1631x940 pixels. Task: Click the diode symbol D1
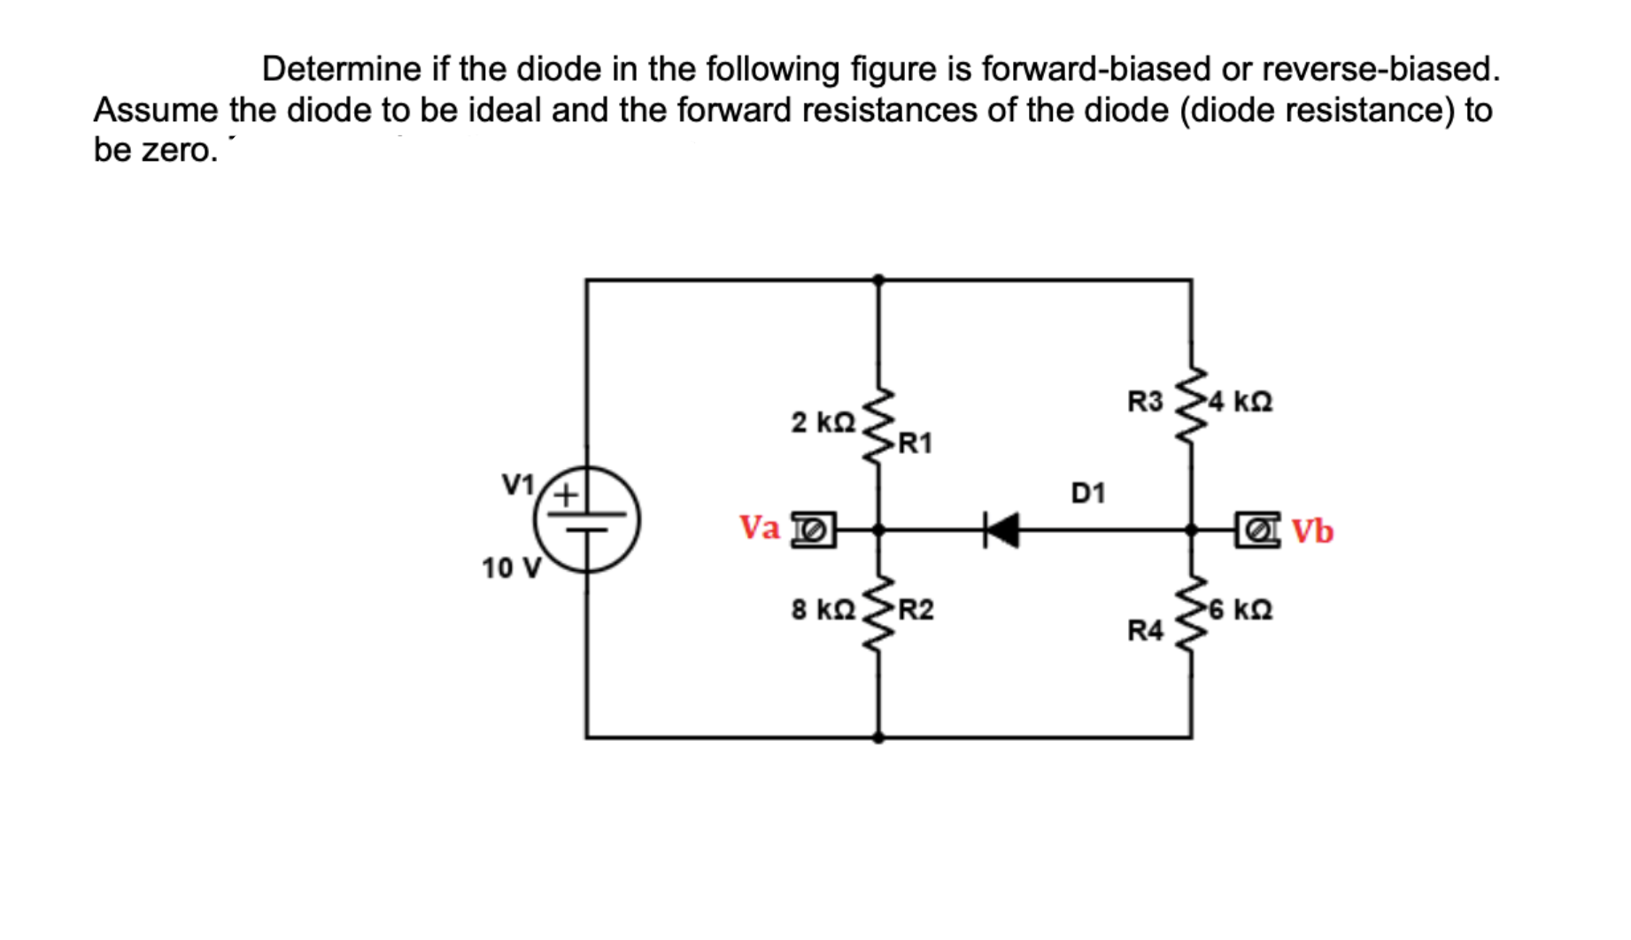coord(1002,530)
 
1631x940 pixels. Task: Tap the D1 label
coord(1088,493)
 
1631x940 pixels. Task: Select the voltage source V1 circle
coord(586,520)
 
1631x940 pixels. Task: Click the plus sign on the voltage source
coord(565,494)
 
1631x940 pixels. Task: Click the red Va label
coord(760,528)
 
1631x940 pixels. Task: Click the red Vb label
coord(1312,531)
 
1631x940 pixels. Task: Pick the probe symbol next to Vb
coord(1258,530)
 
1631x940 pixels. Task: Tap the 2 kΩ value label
coord(823,422)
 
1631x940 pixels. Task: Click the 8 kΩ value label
coord(823,610)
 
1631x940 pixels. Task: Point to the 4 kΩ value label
coord(1241,402)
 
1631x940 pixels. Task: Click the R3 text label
coord(1145,402)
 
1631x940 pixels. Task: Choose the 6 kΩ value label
coord(1241,610)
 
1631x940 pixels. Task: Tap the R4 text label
coord(1145,630)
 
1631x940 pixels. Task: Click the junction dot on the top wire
coord(878,280)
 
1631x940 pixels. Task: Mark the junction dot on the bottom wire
coord(878,737)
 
